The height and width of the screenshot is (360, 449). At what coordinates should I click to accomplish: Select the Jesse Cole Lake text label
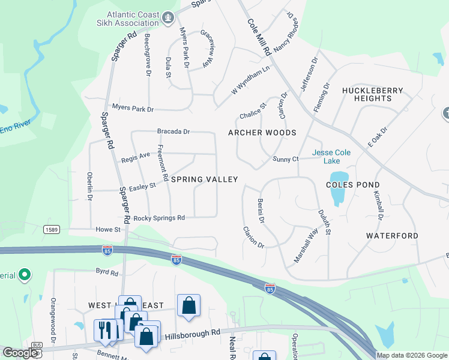click(x=331, y=157)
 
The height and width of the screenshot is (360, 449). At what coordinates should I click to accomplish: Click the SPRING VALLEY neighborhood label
click(x=205, y=179)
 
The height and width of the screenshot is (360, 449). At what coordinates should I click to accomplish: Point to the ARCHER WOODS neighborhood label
click(x=262, y=133)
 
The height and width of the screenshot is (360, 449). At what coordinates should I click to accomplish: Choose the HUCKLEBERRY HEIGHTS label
click(x=373, y=94)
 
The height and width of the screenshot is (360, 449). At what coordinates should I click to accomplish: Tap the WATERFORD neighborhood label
click(x=392, y=236)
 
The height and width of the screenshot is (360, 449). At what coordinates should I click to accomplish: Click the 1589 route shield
click(x=51, y=229)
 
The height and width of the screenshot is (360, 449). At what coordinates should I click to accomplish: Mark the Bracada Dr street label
click(x=173, y=131)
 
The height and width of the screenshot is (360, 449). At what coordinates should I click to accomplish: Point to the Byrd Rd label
click(x=107, y=272)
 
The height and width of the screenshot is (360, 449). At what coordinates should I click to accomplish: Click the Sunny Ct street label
click(x=285, y=159)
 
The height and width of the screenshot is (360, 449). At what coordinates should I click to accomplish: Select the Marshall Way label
click(x=306, y=246)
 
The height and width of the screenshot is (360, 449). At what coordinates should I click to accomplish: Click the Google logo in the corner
click(x=20, y=353)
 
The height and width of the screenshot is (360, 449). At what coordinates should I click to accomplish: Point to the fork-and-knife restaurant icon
click(x=104, y=330)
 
